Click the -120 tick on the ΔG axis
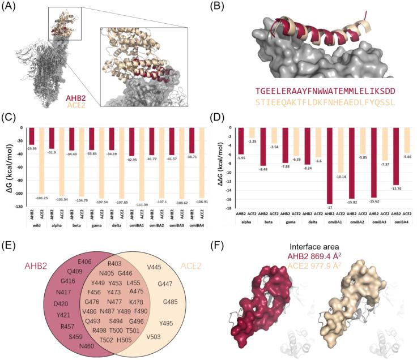(16, 207)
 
